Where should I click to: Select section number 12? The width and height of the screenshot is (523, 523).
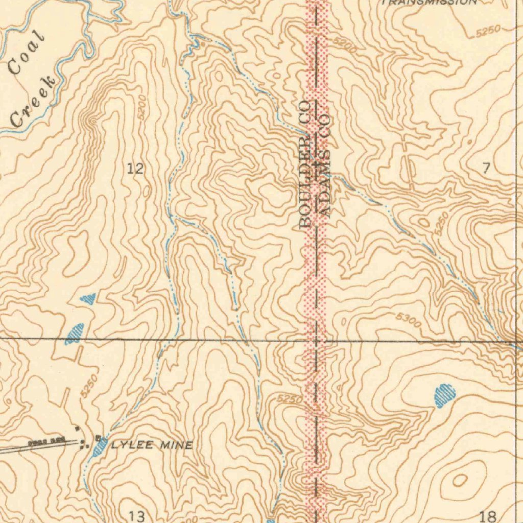(135, 169)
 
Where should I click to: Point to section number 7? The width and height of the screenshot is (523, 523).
(486, 168)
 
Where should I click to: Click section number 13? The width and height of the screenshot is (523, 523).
(136, 515)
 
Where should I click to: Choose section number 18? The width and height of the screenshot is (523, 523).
(488, 515)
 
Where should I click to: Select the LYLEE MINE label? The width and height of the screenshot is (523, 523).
(152, 445)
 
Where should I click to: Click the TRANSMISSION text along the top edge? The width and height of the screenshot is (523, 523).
(429, 2)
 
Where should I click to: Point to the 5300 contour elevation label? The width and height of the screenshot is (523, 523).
(408, 321)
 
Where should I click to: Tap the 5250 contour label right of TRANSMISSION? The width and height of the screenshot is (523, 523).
(488, 32)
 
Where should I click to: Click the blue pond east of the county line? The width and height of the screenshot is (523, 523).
(444, 396)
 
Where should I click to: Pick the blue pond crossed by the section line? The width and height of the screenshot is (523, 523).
(75, 334)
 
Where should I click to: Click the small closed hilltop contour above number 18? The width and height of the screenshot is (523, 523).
(459, 480)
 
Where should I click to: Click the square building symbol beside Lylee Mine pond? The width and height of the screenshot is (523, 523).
(98, 438)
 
